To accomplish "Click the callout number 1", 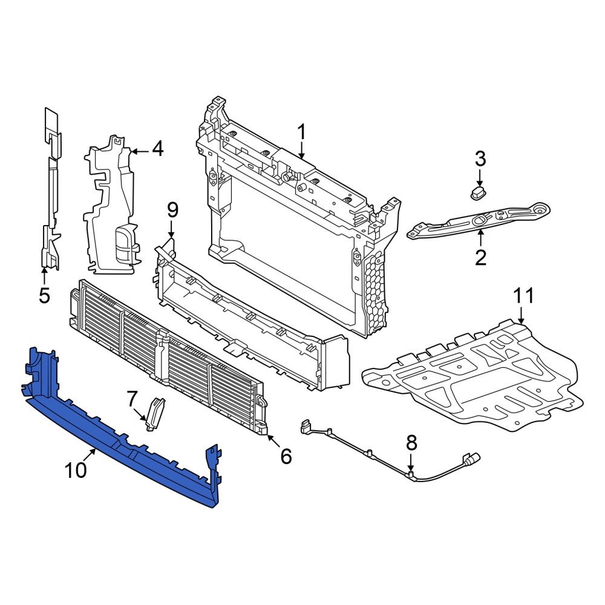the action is coord(301,132).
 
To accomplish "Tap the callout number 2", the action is coord(480,258).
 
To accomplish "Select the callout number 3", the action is coord(480,159).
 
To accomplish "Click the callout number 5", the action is coord(44,296).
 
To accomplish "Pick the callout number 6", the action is coord(286,456).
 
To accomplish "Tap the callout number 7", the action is coord(131,399).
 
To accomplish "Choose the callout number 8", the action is coord(411,443).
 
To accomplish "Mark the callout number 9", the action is coord(172,211).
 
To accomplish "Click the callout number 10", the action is coord(76,470).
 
